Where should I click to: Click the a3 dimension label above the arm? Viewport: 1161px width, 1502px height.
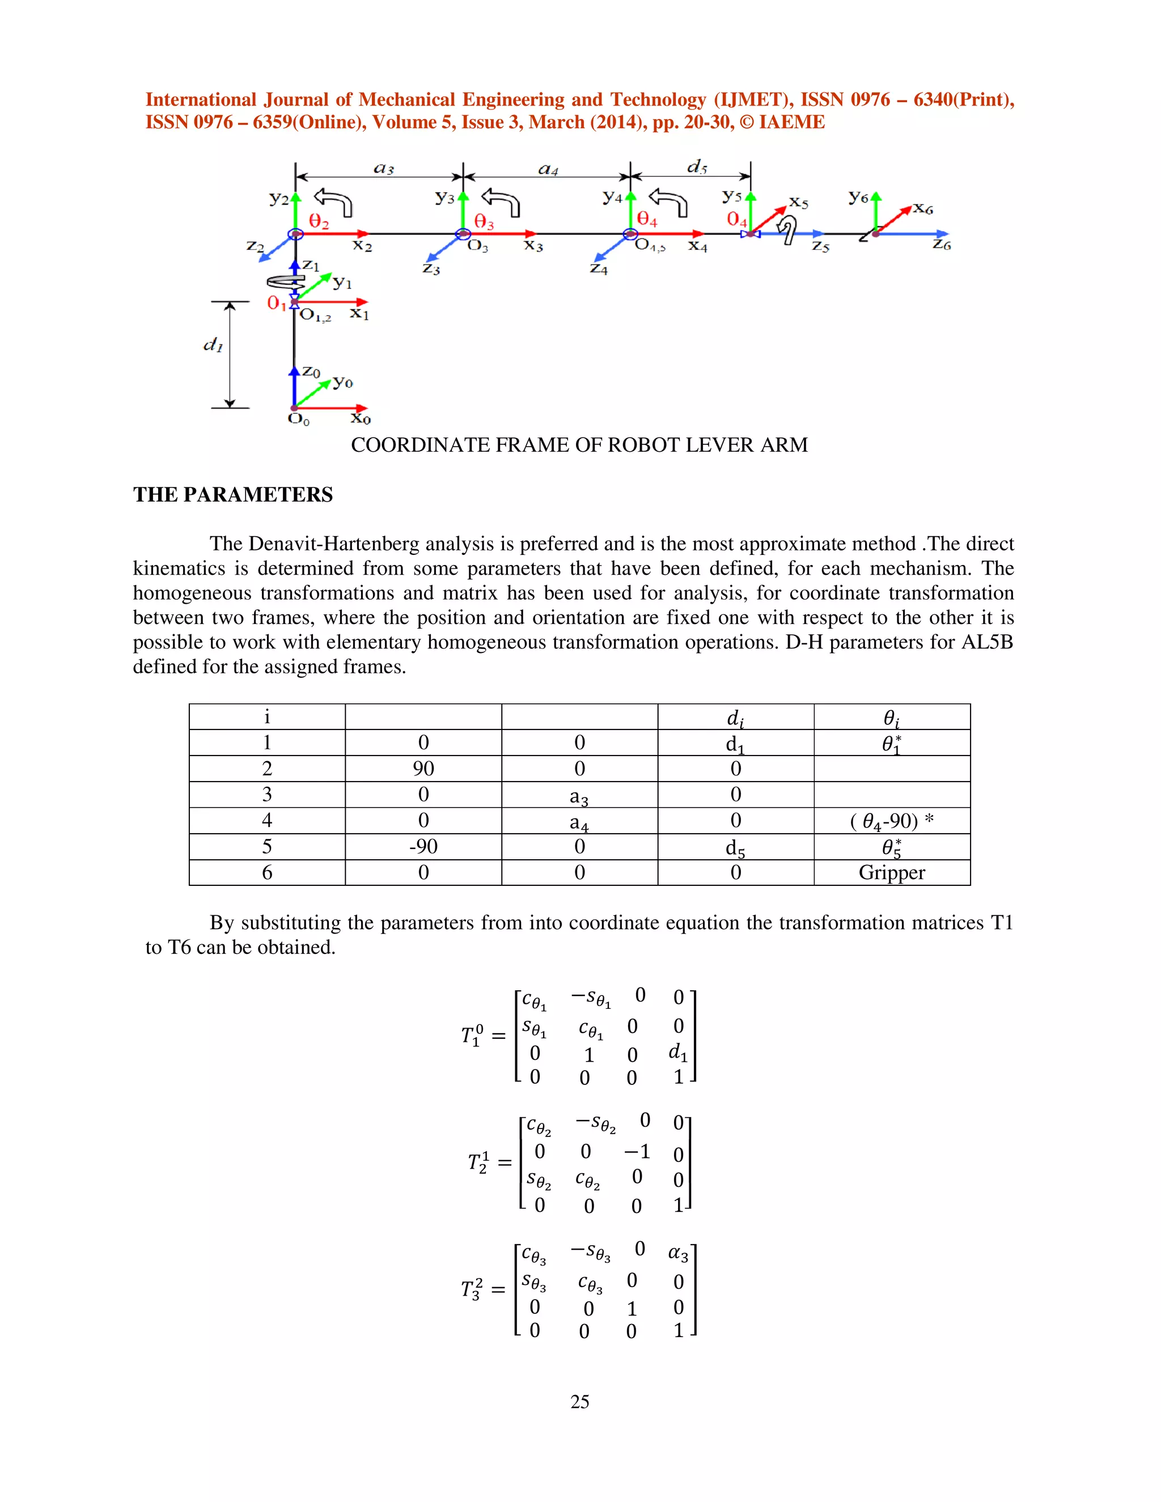[x=384, y=168]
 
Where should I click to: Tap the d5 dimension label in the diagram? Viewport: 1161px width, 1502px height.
[x=697, y=167]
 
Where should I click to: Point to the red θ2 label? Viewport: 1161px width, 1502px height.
[x=319, y=222]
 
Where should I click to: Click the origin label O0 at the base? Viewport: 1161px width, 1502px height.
[x=299, y=419]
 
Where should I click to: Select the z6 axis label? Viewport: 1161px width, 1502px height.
[x=941, y=245]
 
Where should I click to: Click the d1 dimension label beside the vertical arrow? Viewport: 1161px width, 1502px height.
[x=213, y=345]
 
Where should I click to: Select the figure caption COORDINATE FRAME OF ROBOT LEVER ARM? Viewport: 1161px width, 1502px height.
[x=579, y=445]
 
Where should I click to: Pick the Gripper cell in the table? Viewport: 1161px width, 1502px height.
[x=891, y=872]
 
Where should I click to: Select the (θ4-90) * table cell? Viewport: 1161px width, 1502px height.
[x=891, y=821]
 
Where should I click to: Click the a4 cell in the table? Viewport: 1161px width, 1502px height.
[x=579, y=822]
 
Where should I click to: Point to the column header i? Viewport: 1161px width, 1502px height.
[x=267, y=716]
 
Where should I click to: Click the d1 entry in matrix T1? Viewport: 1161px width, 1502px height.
[x=677, y=1051]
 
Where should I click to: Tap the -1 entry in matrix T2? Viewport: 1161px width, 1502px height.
[x=637, y=1151]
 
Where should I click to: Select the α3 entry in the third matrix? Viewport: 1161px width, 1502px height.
[x=678, y=1253]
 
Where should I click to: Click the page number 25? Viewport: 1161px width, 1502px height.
[x=580, y=1401]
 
